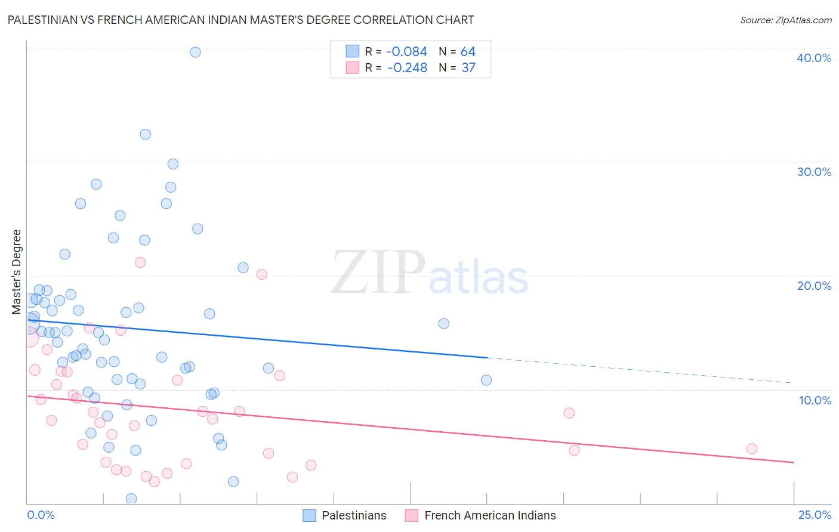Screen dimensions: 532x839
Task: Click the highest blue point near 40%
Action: coord(195,52)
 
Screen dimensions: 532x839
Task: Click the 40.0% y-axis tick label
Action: coord(813,58)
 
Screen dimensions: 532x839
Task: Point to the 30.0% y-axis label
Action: coord(813,172)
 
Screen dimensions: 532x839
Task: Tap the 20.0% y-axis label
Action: coord(813,286)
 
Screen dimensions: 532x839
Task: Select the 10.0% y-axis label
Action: coord(815,400)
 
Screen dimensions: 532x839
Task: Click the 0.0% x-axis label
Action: coord(41,515)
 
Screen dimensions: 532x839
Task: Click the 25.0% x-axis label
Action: coord(815,515)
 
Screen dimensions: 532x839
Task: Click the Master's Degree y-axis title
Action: coord(17,272)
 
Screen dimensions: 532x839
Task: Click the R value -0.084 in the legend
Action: coord(406,52)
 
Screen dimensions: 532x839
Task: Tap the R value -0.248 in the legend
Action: coord(407,68)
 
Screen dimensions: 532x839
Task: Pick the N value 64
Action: coord(468,52)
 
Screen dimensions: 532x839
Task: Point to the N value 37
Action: coord(468,68)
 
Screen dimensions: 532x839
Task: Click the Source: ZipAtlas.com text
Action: coord(785,20)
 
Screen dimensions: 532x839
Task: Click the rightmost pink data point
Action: coord(751,449)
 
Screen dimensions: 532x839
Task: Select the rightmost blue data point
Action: coord(486,381)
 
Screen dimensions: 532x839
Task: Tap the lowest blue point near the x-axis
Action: coord(131,499)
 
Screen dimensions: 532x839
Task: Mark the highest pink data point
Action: coord(140,262)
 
